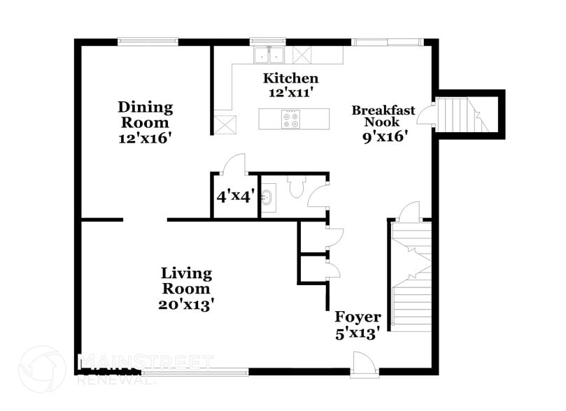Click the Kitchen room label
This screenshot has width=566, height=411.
(x=290, y=78)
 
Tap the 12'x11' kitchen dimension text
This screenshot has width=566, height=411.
(x=290, y=92)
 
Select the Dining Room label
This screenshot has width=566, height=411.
(x=145, y=115)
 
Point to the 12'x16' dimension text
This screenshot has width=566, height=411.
(x=145, y=138)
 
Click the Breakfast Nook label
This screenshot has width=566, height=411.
(x=383, y=117)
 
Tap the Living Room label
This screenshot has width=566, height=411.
(x=186, y=280)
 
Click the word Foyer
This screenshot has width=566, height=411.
(x=358, y=317)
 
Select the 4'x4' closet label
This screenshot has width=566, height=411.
(x=235, y=196)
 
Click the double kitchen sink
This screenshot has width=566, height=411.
(x=269, y=55)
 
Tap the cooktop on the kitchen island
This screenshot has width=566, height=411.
(x=290, y=119)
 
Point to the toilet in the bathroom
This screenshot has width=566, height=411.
(x=297, y=187)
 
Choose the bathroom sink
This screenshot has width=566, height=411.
(x=267, y=197)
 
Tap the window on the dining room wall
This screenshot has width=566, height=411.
(x=148, y=41)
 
